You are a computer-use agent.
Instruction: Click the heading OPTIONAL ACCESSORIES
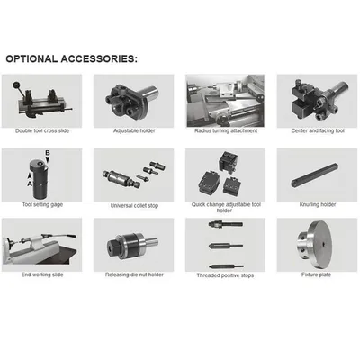72,58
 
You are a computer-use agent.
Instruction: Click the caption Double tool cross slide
41,131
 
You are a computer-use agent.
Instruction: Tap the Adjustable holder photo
132,101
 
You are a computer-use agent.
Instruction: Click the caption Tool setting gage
41,205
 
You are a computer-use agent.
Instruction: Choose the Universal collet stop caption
132,205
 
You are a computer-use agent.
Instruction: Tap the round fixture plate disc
316,247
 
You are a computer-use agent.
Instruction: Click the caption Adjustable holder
132,131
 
